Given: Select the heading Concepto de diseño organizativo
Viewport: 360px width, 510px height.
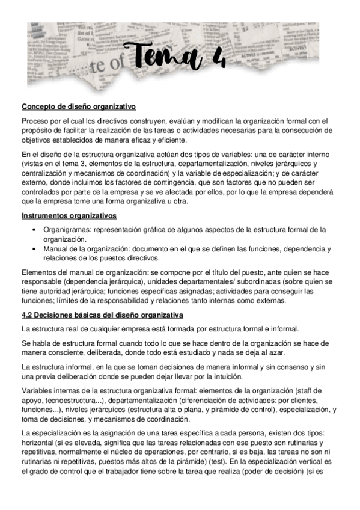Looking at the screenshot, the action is point(79,107).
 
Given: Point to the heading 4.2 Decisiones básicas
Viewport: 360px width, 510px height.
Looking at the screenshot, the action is point(102,315).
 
